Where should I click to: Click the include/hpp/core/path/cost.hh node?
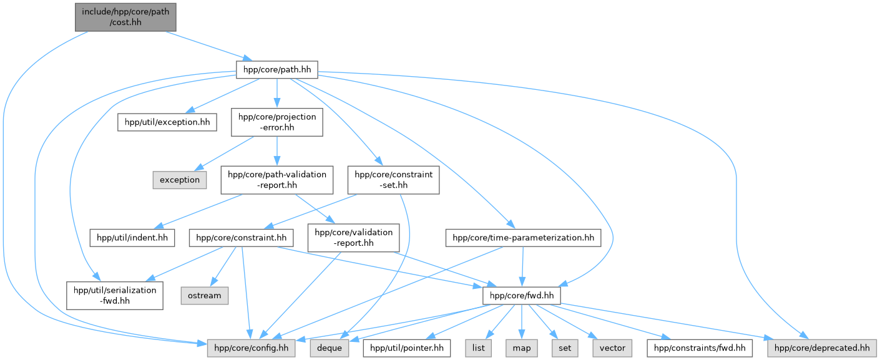click(125, 16)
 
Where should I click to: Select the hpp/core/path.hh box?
click(276, 69)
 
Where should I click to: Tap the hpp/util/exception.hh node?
click(167, 122)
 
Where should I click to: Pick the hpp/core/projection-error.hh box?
click(277, 122)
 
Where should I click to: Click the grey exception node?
click(179, 180)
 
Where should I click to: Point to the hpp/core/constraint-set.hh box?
click(394, 180)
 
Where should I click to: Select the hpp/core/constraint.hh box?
click(242, 237)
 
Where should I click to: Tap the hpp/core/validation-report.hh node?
click(353, 237)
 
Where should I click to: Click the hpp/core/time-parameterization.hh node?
click(523, 237)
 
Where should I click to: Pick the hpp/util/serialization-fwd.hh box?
click(115, 294)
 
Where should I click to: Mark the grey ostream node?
click(204, 294)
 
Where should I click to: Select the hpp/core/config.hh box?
click(252, 348)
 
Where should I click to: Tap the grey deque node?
click(329, 348)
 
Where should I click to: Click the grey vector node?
click(612, 348)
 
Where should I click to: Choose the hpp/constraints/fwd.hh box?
click(700, 348)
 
